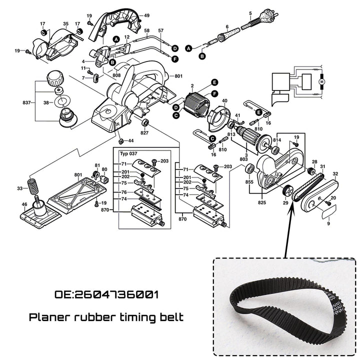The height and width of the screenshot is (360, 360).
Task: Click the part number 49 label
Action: (x=146, y=15)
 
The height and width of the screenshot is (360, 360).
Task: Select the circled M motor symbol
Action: (x=321, y=80)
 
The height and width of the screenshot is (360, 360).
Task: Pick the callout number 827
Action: (x=144, y=133)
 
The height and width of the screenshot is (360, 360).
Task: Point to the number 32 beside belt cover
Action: (x=335, y=173)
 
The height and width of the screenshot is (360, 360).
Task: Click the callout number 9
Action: (x=328, y=223)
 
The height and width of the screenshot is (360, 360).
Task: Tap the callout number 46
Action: (x=24, y=204)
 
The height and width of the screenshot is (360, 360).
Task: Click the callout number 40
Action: (x=224, y=101)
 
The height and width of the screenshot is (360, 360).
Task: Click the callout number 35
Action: (x=65, y=23)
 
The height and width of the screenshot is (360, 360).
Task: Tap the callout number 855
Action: (x=249, y=183)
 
